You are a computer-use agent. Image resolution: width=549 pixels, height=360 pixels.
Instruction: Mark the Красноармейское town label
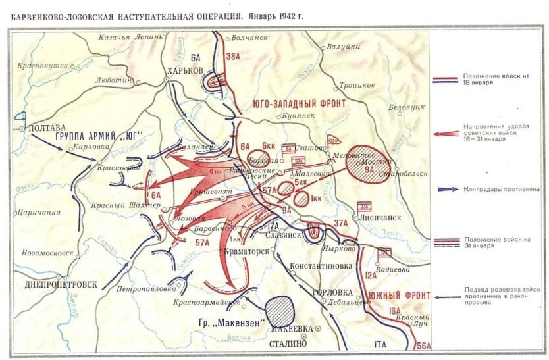[x=206, y=302]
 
